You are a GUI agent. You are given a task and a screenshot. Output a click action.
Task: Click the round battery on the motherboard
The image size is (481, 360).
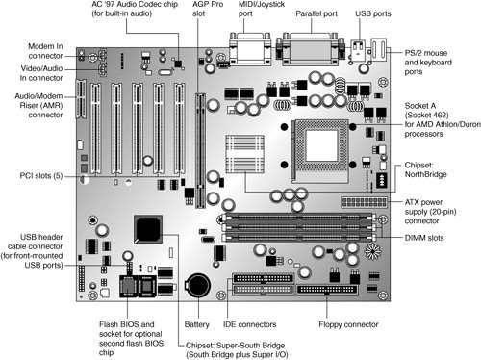coord(198,285)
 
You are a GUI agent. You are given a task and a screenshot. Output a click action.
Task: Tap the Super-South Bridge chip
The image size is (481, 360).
coord(148,229)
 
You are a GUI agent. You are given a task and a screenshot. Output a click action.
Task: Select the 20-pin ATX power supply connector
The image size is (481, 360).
coord(365,202)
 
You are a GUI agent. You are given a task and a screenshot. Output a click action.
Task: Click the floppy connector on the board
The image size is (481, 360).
coord(327,290)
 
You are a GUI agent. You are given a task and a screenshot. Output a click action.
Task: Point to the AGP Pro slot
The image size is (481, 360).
coord(201,150)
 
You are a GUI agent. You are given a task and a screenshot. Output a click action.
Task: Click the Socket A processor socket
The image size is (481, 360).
coord(320,150)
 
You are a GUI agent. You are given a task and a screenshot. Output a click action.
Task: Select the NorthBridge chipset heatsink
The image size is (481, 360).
coord(245,154)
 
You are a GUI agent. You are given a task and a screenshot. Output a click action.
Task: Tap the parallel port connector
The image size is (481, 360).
coord(311,48)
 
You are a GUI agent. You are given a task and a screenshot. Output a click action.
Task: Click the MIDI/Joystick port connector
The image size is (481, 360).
coord(250,48)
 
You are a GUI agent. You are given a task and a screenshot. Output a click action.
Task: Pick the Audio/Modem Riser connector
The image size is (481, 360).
coord(81,98)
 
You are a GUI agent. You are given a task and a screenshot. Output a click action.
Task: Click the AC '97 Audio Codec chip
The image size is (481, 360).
coord(178,64)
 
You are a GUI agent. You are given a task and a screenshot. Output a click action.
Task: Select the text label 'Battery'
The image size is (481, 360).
coord(196,324)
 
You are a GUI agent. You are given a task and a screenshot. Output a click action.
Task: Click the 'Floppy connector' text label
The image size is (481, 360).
coord(348,324)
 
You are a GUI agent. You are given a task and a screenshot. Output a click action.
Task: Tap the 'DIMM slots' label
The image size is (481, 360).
coord(424,238)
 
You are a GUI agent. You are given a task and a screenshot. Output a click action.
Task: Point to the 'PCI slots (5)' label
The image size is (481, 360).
coord(41,176)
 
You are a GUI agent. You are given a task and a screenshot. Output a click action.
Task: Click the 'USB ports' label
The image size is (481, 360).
coord(373,13)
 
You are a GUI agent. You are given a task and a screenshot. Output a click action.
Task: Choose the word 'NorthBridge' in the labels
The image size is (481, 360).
coord(425,174)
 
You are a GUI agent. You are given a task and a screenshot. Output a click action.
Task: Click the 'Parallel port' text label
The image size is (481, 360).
coord(316,13)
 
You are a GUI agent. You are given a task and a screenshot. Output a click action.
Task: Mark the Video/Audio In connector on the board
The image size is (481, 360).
coord(102,69)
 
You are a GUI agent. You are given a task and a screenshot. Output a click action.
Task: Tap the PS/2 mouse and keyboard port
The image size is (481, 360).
coord(379,50)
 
